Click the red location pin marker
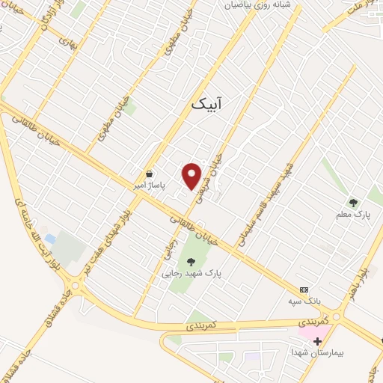(x=192, y=176)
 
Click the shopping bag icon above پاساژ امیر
(x=150, y=171)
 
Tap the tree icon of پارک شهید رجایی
(x=191, y=262)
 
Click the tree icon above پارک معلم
(x=353, y=202)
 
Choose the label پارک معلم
(x=353, y=215)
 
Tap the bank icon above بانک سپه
(x=304, y=289)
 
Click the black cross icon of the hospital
(x=317, y=340)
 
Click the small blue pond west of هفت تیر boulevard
(x=49, y=239)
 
